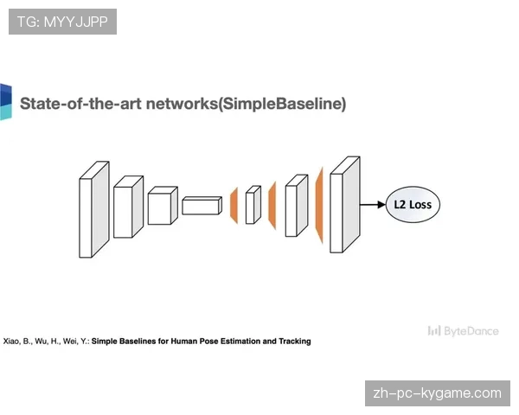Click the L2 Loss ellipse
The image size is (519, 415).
413,205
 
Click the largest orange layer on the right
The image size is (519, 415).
319,206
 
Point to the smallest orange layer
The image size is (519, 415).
234,206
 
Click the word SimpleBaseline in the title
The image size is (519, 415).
282,105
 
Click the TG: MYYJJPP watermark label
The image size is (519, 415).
62,22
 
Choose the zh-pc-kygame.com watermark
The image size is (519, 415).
436,393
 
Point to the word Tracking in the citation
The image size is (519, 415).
294,342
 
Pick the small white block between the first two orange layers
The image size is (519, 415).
252,206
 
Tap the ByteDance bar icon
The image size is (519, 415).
434,329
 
